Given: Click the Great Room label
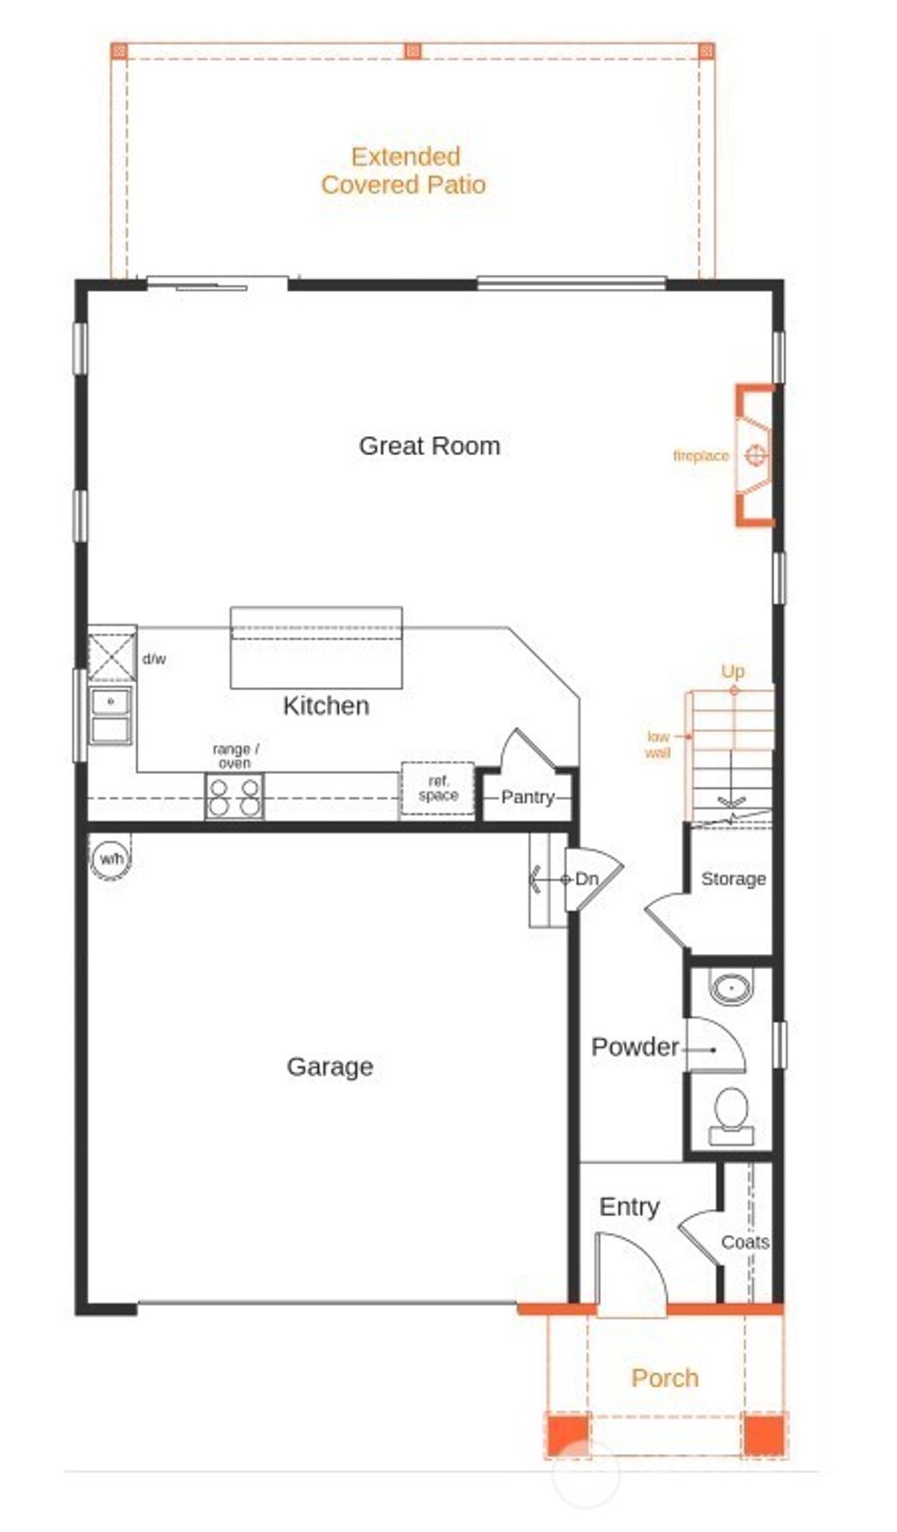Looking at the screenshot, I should (x=429, y=446).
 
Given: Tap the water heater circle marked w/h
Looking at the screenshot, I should (x=111, y=859).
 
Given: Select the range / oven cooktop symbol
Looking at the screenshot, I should (x=234, y=796).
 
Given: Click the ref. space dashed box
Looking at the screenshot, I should (x=438, y=790).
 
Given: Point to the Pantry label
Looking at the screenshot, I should (x=527, y=798).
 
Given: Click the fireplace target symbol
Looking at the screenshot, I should (x=756, y=455).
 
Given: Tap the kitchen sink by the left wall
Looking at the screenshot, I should (x=111, y=714).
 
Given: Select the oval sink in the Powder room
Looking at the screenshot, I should (x=731, y=987).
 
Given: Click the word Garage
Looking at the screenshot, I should (x=329, y=1066).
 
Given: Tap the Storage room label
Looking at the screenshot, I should (x=733, y=879).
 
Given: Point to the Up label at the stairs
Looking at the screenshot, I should (x=732, y=671).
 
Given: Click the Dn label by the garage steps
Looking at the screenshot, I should (x=586, y=879).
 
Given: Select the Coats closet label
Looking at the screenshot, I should (x=745, y=1242).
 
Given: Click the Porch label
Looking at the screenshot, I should (x=665, y=1378).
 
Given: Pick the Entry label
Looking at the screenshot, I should (x=629, y=1206).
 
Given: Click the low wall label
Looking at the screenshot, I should (x=658, y=744).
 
